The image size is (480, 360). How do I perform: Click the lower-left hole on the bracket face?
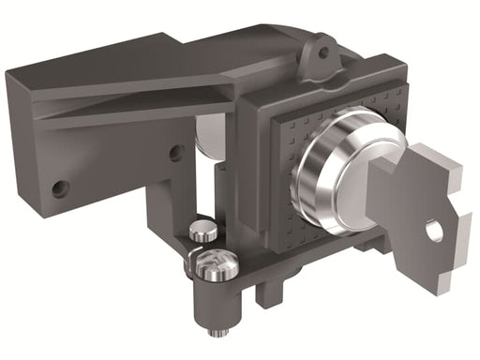[60, 188]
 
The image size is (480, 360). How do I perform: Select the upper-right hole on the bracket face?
[175, 152]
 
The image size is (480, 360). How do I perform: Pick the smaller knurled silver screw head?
[203, 229]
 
